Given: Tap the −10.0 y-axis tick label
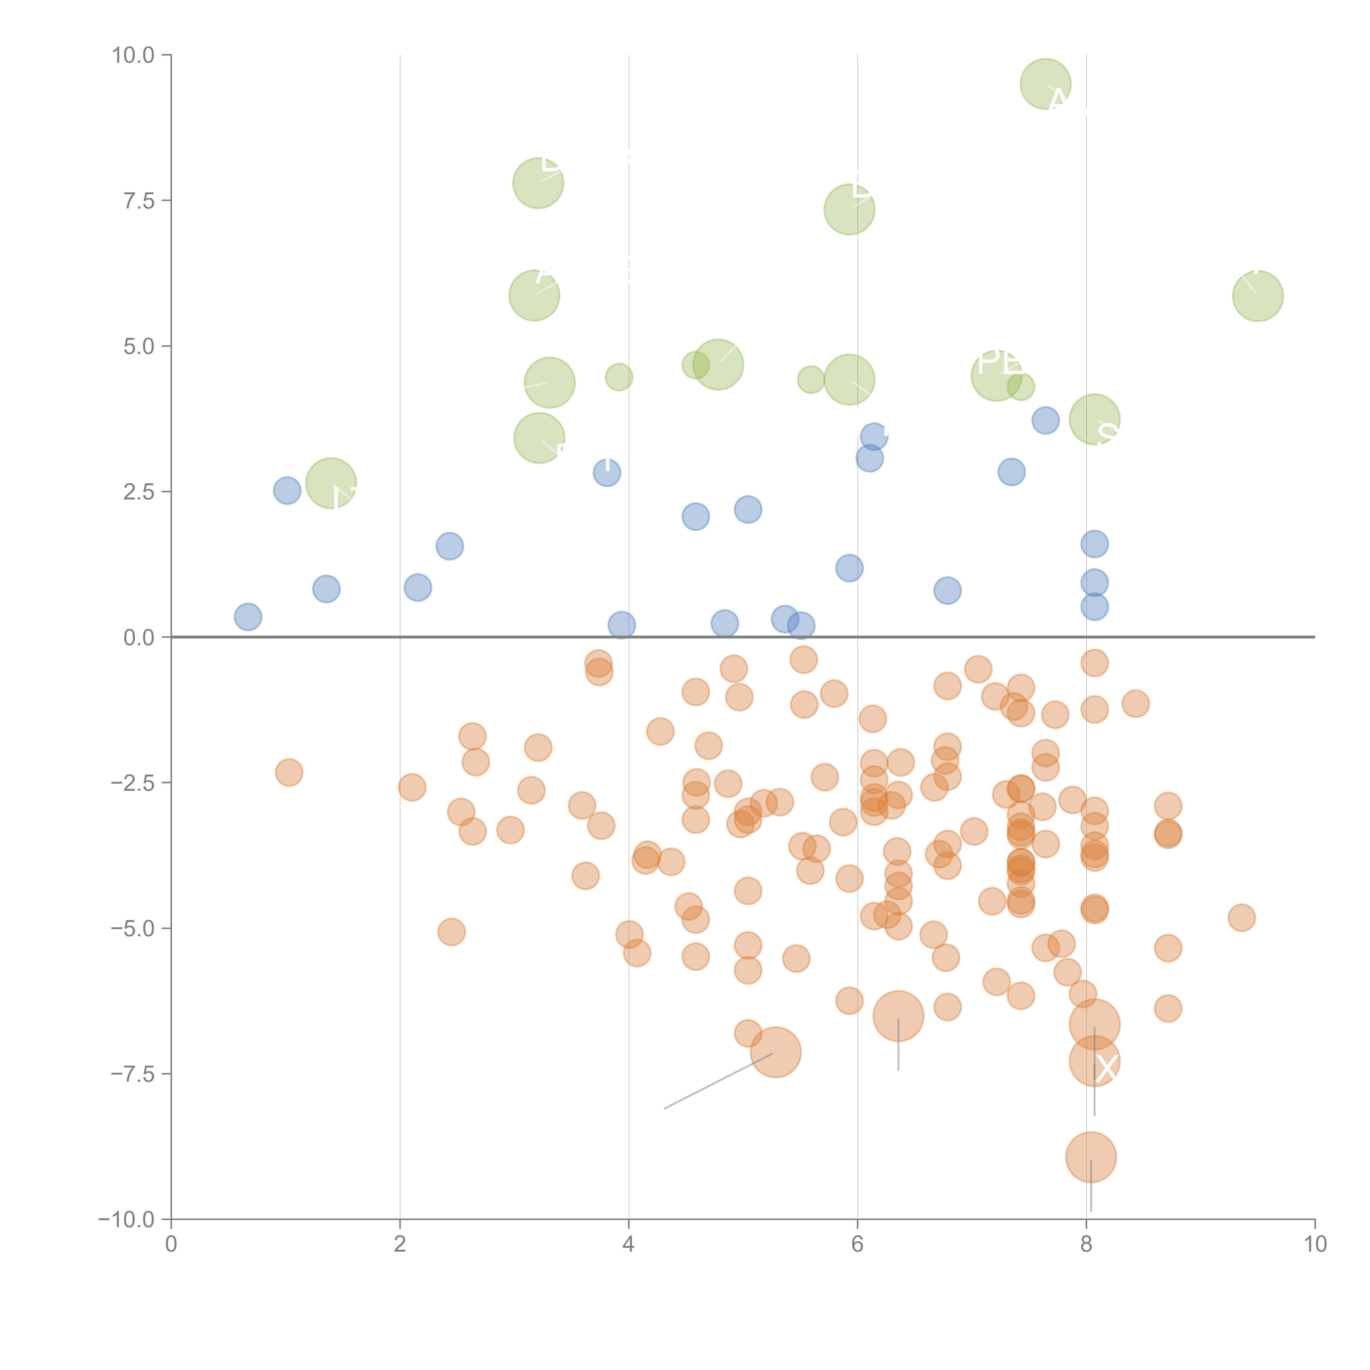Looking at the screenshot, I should coord(127,1220).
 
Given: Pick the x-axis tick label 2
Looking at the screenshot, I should coord(400,1245).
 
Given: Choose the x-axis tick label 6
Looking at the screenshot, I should coord(857,1245).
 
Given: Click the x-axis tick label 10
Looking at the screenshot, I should coord(1315,1245).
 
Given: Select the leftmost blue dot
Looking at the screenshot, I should coord(247,617).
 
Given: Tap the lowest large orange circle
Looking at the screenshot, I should coord(1091,1157).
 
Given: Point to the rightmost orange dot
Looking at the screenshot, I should coord(1241,918).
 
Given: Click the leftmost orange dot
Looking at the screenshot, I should coord(289,772).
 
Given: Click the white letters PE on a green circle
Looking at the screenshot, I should coord(1000,362).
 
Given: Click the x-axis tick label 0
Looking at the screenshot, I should coord(171,1245).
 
